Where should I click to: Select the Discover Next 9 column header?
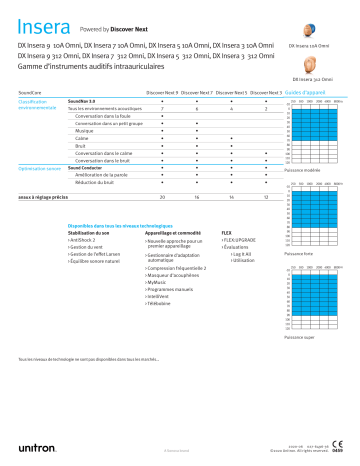pyautogui.click(x=163, y=90)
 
